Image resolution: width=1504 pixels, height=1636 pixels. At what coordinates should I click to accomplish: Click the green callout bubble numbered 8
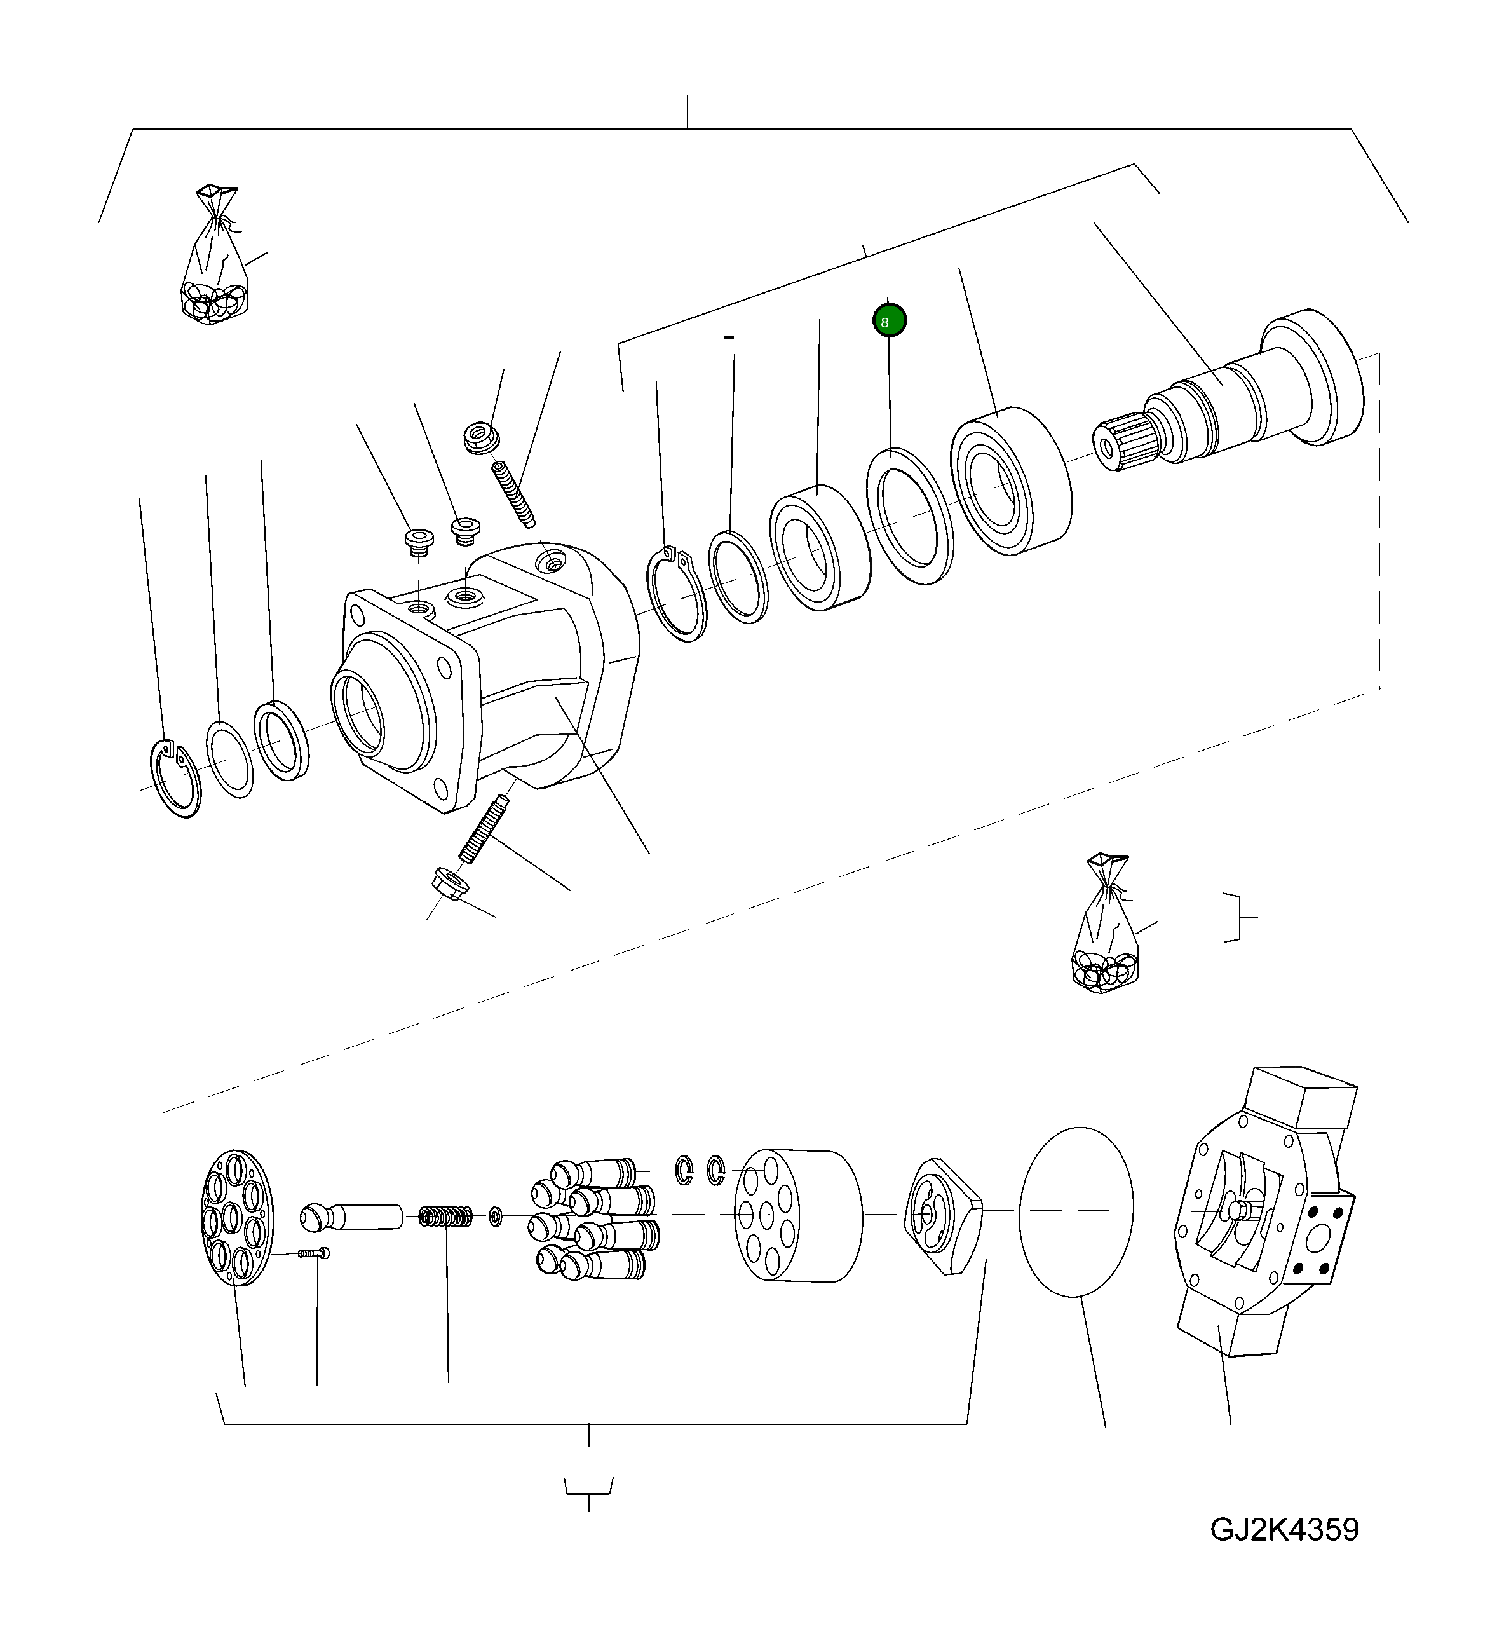889,321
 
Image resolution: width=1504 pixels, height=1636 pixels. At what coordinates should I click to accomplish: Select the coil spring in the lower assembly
447,1217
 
